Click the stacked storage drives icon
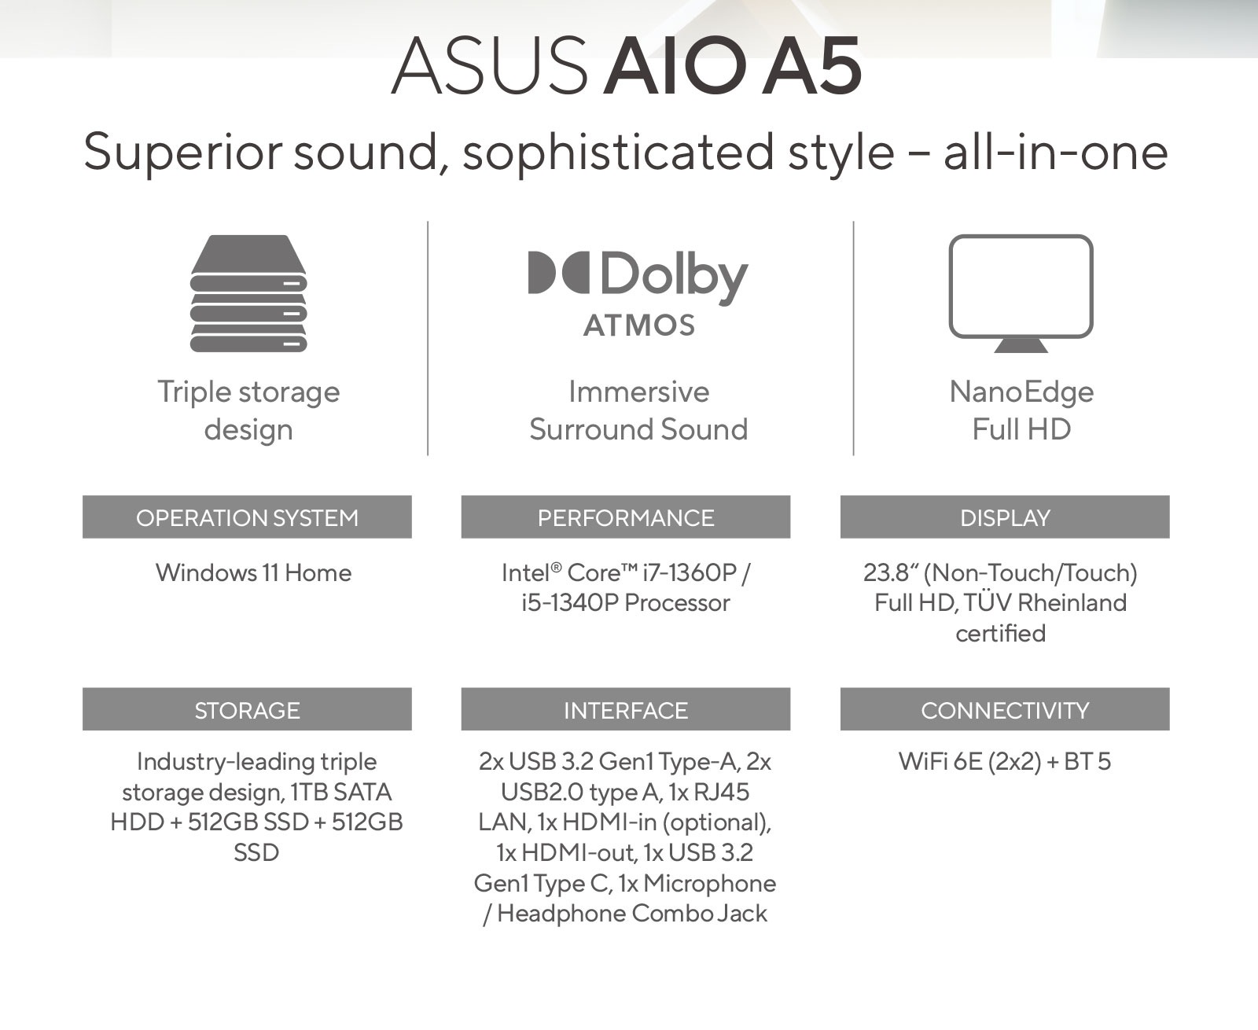tap(248, 292)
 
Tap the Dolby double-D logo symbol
tap(558, 273)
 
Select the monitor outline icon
tap(1021, 292)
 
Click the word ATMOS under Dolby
tap(639, 326)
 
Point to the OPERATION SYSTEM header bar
tap(247, 517)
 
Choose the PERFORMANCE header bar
tap(626, 517)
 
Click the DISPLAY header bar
tap(1005, 517)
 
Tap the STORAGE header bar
tap(247, 709)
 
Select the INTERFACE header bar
tap(626, 709)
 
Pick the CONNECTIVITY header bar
tap(1005, 709)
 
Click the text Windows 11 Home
tap(253, 572)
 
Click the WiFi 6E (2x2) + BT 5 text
tap(1005, 762)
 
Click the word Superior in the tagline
tap(182, 152)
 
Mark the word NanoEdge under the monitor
tap(1021, 392)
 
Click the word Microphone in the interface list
tap(710, 883)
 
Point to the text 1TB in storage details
tap(309, 792)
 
